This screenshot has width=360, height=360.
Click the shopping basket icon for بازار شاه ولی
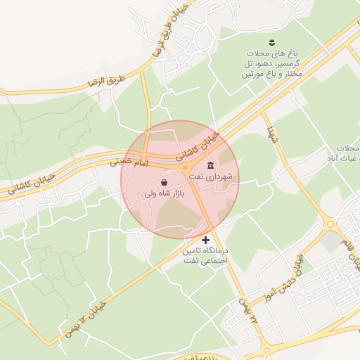coord(164,182)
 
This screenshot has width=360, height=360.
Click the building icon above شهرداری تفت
coord(210,165)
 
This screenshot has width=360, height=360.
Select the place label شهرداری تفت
coord(219,176)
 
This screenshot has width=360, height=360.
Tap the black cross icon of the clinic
coord(205,240)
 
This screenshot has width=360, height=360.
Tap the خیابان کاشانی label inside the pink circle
coord(205,143)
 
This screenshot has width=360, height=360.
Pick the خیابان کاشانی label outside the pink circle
coord(32,183)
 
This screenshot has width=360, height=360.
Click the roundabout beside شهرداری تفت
coord(186,168)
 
